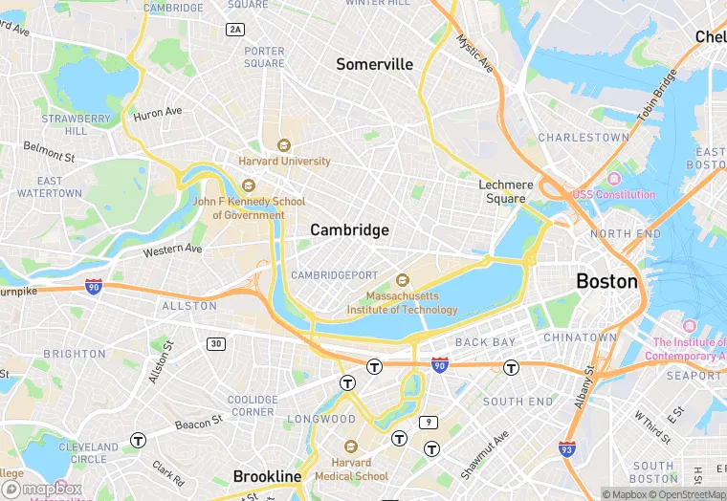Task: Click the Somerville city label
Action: coord(374,64)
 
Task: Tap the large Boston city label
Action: coord(606,281)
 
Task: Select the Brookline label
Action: coord(267,476)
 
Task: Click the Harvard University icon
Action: coord(283,145)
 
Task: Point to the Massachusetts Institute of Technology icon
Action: coord(402,280)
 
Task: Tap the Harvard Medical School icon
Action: coord(350,447)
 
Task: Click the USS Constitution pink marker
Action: coord(613,179)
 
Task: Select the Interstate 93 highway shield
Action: coord(567,447)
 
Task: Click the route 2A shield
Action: coord(235,30)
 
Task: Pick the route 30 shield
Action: coord(217,343)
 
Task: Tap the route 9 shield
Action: coord(429,422)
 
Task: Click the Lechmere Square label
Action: coord(506,191)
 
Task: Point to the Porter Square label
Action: coord(264,57)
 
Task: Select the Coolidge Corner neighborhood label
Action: coord(253,405)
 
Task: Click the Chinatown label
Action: coord(580,338)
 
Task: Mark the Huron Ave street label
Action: coord(158,113)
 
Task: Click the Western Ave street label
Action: coord(172,250)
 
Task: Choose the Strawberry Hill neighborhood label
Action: coord(64,124)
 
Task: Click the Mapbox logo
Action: coord(42,488)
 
